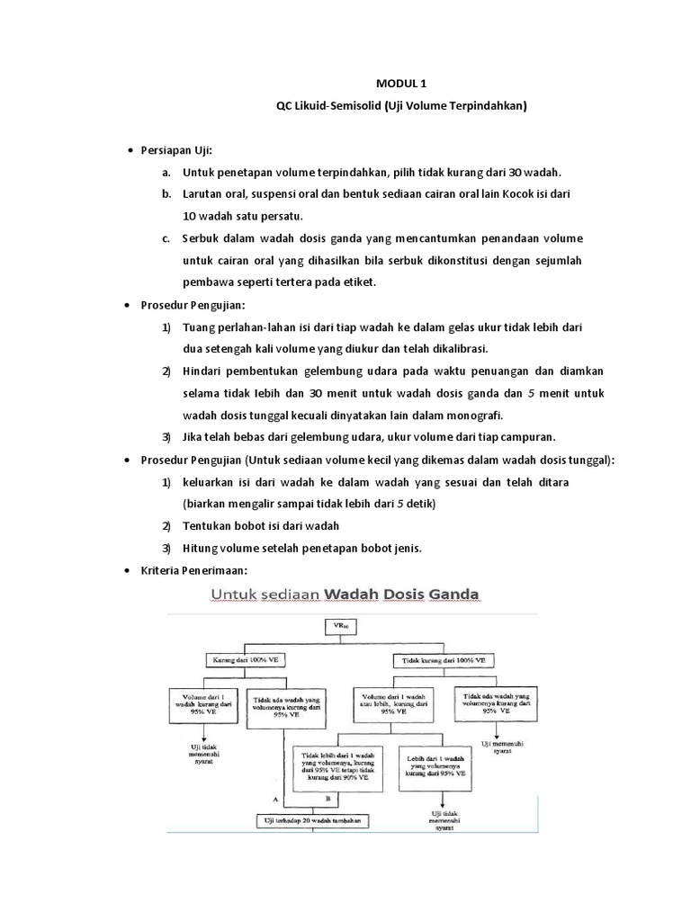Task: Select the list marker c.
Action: (x=166, y=238)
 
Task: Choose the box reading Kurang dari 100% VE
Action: (x=245, y=659)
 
